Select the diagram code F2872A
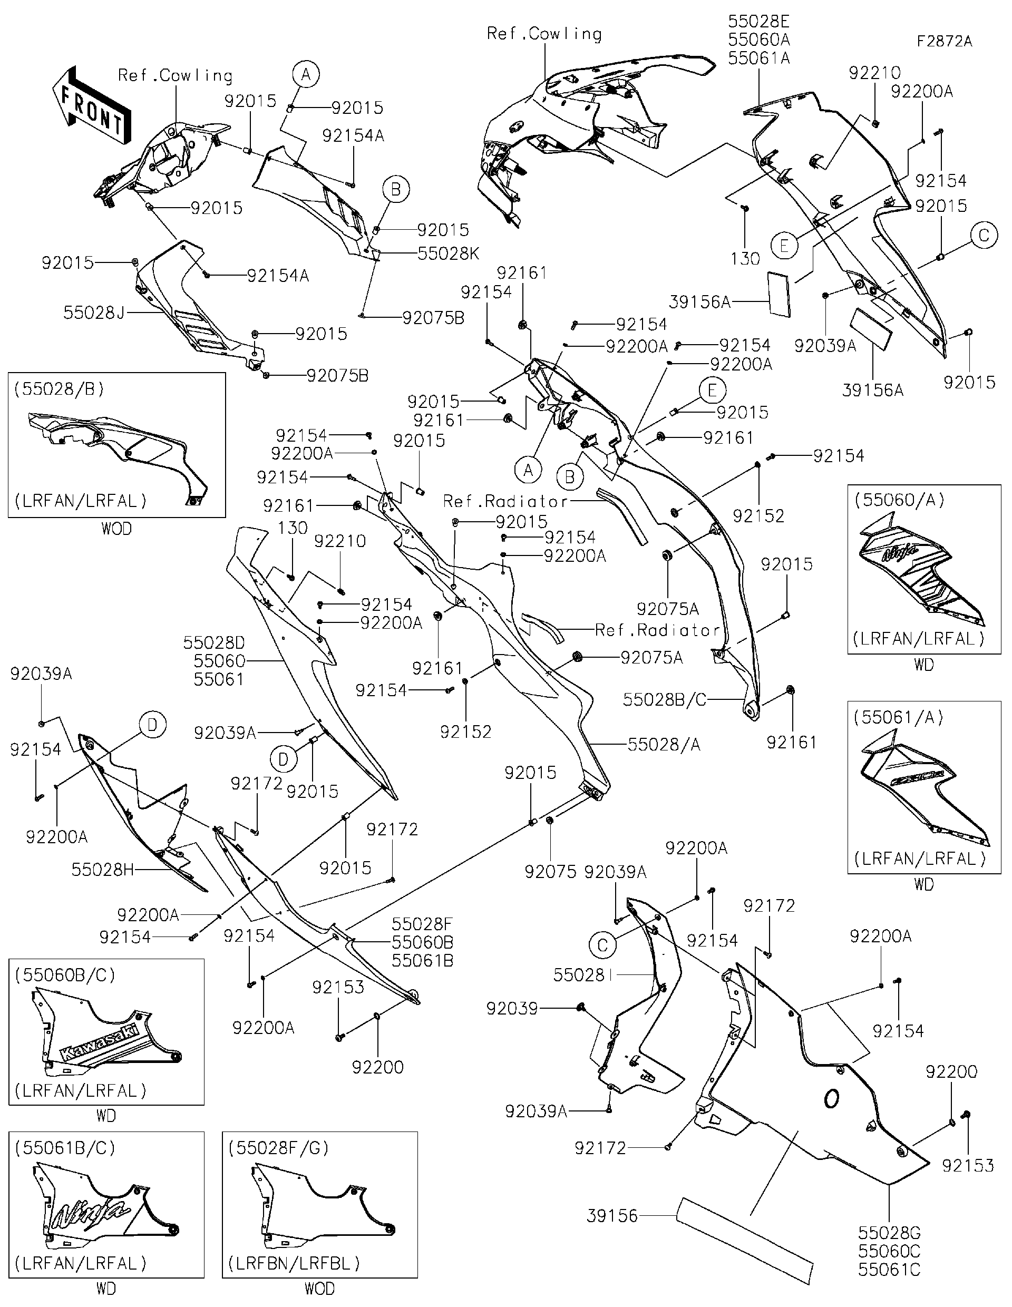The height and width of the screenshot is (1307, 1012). tap(944, 41)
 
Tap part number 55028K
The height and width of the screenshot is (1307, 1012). tap(447, 253)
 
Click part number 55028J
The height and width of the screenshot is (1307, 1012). tap(94, 313)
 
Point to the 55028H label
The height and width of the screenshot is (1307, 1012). tap(102, 870)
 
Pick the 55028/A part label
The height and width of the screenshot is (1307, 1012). tap(664, 745)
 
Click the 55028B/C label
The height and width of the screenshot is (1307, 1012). tap(664, 699)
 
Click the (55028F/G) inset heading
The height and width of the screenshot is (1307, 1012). tap(279, 1147)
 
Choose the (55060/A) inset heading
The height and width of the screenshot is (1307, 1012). tap(899, 500)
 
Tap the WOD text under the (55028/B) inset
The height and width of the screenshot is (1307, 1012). tap(116, 529)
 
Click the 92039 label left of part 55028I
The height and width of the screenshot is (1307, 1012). tap(512, 1009)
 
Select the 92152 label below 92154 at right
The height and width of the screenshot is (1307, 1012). tap(758, 516)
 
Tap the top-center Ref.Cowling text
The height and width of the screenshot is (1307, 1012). tap(544, 34)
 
